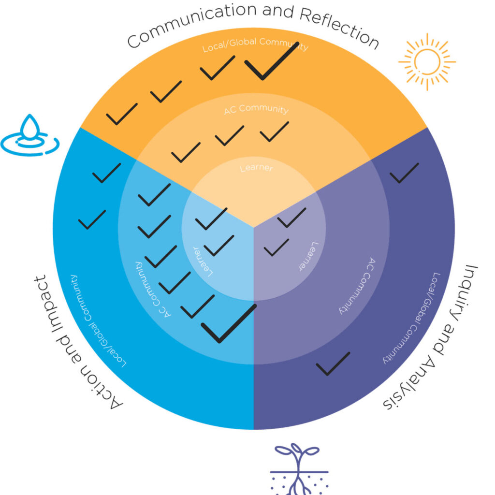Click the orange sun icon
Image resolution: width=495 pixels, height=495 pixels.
(427, 61)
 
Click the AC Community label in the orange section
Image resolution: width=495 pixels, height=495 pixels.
(256, 109)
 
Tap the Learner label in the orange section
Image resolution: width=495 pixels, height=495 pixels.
(256, 168)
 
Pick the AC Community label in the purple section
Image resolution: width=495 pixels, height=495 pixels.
(355, 285)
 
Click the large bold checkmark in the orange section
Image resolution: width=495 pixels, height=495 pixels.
(270, 61)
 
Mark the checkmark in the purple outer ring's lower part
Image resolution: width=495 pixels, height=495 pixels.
(333, 364)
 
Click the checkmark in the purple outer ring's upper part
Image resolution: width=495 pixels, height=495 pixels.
(404, 173)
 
